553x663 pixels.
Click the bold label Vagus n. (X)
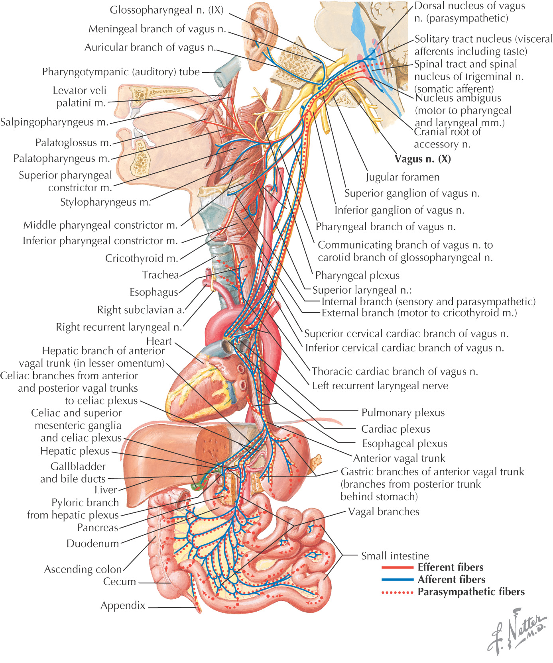tap(423, 159)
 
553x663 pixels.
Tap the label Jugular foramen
tap(403, 177)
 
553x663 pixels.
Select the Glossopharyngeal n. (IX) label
tap(167, 10)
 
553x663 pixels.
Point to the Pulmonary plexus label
tap(403, 413)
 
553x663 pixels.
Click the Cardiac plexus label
tap(396, 429)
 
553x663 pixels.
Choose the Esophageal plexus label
tap(404, 443)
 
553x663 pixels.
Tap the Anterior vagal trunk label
tap(399, 458)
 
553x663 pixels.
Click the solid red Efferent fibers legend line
tap(397, 567)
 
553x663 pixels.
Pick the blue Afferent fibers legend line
tap(397, 580)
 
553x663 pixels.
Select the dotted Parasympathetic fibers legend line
tap(397, 592)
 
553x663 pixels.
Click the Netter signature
tap(517, 632)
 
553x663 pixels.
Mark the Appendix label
tap(123, 606)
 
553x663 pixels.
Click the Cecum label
tap(119, 582)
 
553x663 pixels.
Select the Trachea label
tap(160, 275)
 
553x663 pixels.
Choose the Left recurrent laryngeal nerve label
tap(380, 386)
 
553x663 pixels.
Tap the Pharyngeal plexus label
tap(357, 275)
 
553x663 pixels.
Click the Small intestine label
tap(395, 556)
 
